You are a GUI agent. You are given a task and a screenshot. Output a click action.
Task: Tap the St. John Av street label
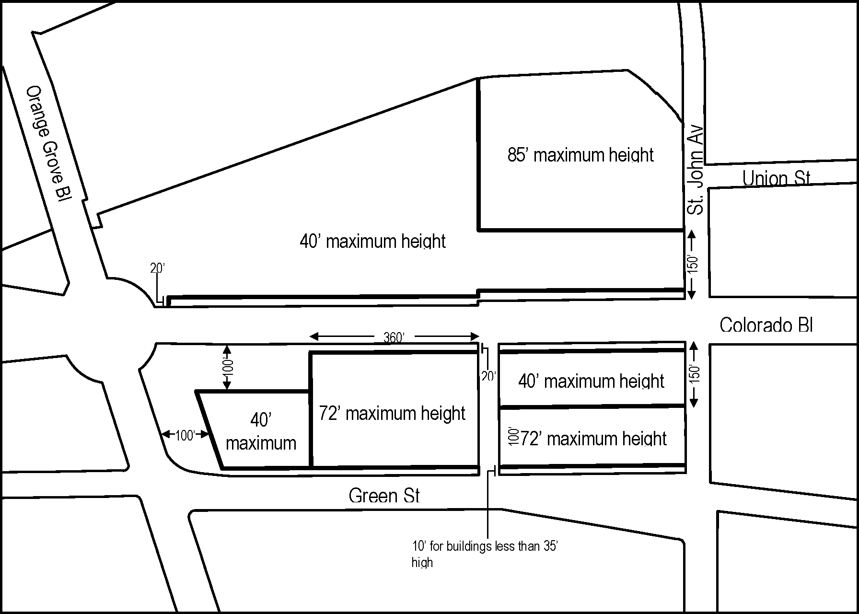(695, 170)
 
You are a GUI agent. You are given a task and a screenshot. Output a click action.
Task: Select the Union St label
(776, 178)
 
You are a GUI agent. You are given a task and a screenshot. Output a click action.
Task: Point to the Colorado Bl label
(766, 325)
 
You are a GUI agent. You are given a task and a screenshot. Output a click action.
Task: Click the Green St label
(384, 495)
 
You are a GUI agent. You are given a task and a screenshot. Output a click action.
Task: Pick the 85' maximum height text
(580, 155)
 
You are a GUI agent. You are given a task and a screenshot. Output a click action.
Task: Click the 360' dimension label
(394, 337)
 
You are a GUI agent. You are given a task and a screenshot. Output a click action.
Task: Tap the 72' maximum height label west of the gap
(392, 413)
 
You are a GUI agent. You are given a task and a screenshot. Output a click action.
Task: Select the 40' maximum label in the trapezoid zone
(261, 431)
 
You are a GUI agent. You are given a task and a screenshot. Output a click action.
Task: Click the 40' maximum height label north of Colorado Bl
(372, 241)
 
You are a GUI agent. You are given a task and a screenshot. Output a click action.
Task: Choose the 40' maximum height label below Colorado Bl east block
(591, 381)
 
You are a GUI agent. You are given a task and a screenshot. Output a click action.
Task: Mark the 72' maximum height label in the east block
(593, 439)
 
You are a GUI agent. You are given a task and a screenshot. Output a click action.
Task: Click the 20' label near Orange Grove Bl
(157, 268)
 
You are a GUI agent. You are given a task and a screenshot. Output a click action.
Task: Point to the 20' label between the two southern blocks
(488, 377)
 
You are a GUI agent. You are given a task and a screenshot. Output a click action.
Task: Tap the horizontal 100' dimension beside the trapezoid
(185, 435)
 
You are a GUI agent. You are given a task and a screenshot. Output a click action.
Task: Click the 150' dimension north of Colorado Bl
(692, 264)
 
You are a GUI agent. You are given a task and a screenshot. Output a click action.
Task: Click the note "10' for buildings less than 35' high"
(484, 554)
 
